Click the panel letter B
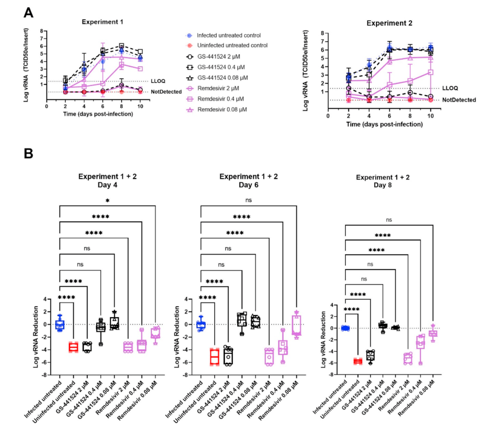[29, 153]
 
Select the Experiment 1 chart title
[102, 22]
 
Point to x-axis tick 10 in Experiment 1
[140, 106]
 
